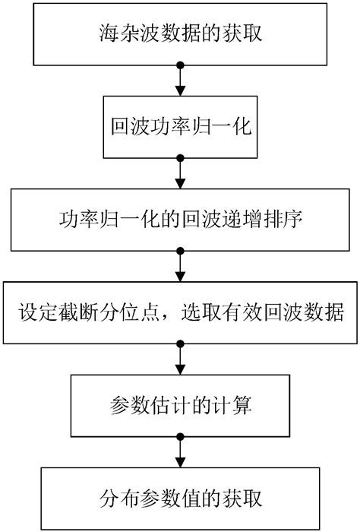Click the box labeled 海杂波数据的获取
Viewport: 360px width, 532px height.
tap(180, 34)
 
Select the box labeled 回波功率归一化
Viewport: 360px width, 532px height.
tap(180, 127)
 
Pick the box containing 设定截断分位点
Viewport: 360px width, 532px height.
tap(180, 313)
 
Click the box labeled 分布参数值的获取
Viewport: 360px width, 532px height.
tap(180, 499)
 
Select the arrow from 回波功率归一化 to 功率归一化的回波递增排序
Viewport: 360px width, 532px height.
tap(180, 174)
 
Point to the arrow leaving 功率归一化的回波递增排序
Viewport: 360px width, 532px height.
tap(180, 267)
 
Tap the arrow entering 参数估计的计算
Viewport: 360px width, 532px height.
tap(180, 359)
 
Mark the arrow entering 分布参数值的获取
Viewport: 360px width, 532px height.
tap(180, 452)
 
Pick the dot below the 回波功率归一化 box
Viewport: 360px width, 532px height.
tap(180, 160)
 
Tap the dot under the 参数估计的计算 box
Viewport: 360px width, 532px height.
tap(180, 438)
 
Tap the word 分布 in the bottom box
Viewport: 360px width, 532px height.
tap(115, 499)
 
